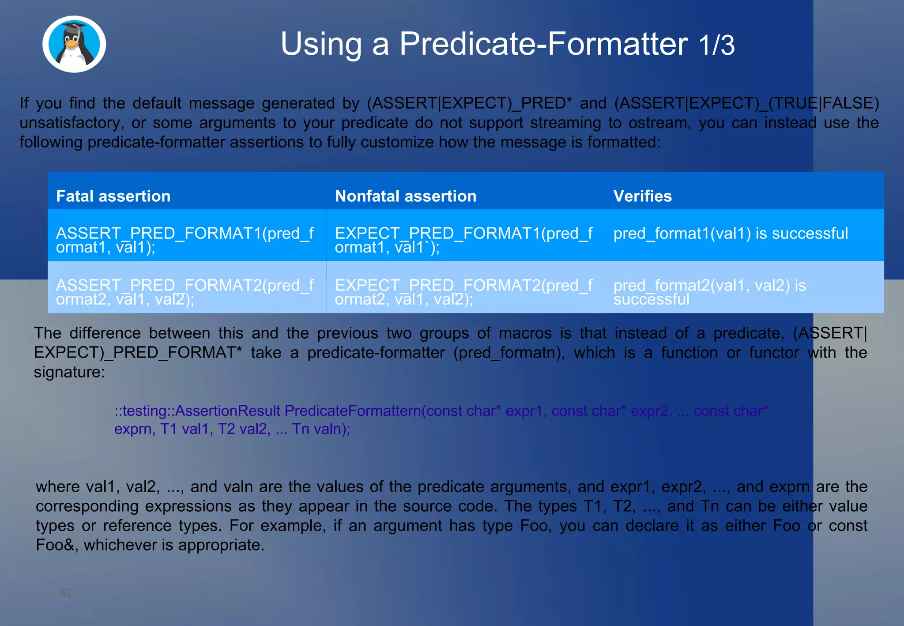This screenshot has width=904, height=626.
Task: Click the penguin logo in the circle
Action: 74,44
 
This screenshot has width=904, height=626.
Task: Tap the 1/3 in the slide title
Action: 716,45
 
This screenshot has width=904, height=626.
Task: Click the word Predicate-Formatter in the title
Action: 543,44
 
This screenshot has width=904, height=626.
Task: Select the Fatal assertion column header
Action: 113,196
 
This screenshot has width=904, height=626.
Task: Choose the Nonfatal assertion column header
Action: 405,196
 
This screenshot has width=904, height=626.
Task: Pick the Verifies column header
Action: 642,196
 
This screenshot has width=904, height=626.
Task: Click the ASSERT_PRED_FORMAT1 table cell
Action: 185,240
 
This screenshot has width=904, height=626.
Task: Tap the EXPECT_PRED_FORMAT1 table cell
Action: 463,240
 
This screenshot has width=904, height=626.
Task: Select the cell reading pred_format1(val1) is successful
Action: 731,234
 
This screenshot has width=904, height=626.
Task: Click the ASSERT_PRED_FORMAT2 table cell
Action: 185,292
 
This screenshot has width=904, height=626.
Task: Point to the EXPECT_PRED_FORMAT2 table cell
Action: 463,292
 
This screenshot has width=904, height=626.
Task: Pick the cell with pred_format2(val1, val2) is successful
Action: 709,292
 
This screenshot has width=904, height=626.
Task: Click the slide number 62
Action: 66,593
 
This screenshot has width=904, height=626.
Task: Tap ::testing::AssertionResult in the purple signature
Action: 197,411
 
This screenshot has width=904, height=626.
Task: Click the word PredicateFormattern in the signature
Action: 352,411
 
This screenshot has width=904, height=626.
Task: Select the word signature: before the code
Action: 69,372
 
